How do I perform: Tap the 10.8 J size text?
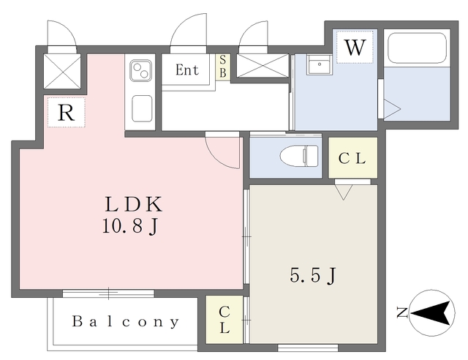(x=132, y=228)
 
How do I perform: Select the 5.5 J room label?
(x=314, y=277)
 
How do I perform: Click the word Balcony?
(x=126, y=321)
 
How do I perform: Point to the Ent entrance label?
(x=187, y=71)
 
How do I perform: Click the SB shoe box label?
(x=223, y=67)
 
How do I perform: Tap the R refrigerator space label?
(x=66, y=113)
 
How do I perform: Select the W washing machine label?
(x=355, y=48)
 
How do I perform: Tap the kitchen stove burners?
(x=140, y=71)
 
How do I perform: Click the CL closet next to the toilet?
(x=352, y=157)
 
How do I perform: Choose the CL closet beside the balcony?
(x=225, y=319)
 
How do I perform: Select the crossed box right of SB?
(x=261, y=67)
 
